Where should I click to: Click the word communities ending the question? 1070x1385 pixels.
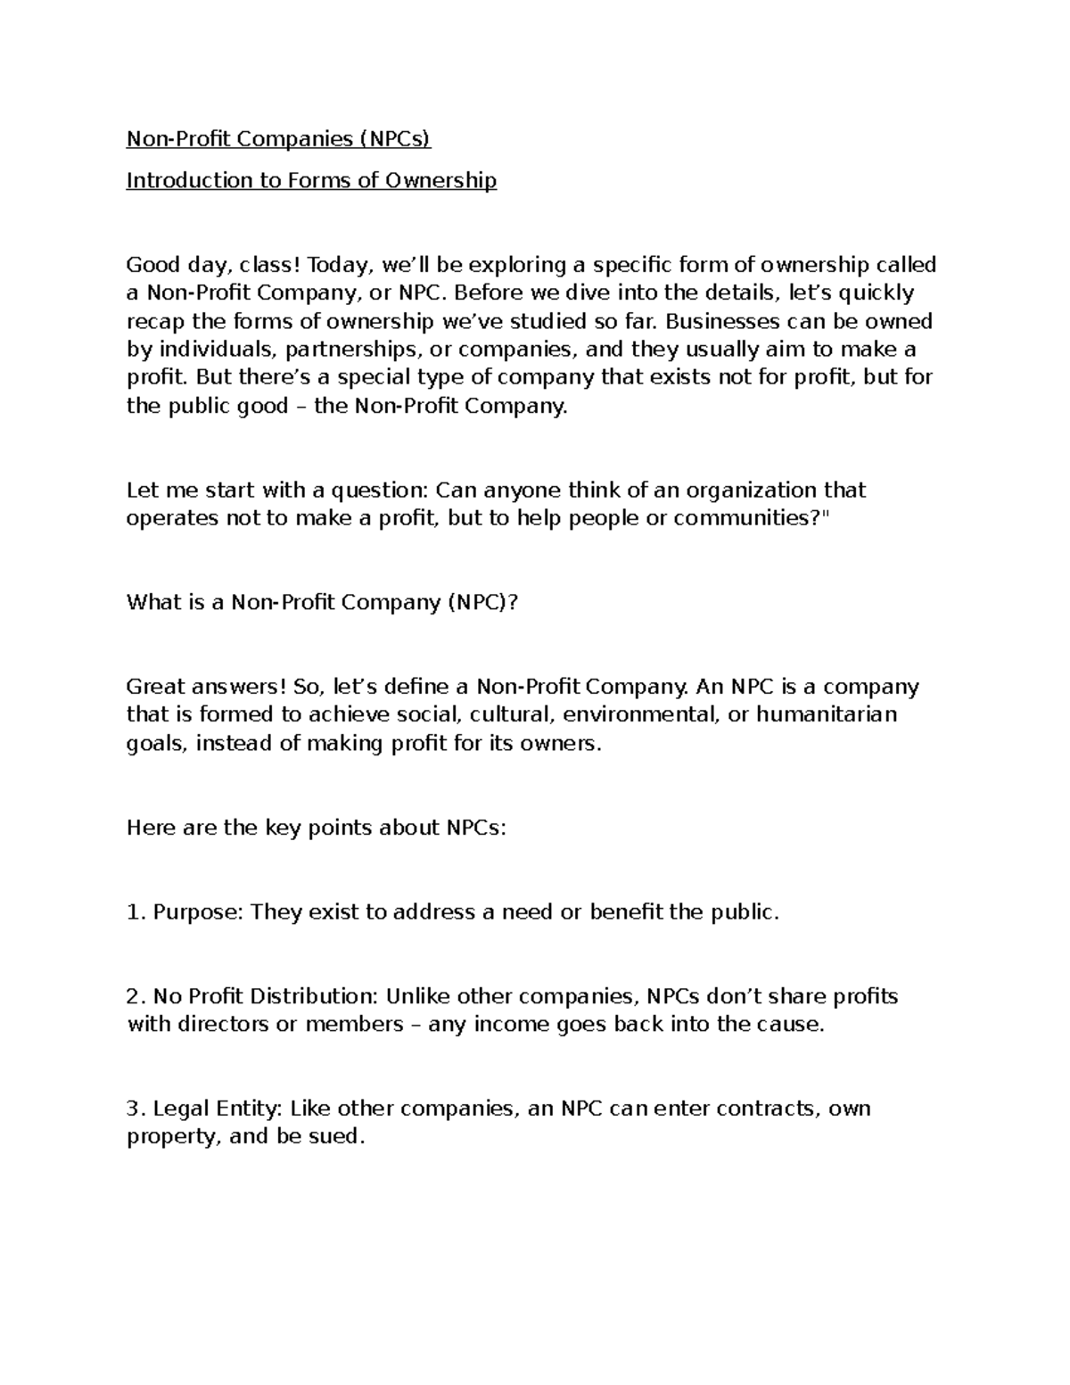coord(739,518)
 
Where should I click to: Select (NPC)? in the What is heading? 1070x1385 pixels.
coord(482,603)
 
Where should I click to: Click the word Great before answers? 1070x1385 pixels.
coord(157,687)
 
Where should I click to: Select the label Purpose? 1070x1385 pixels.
coord(198,912)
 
